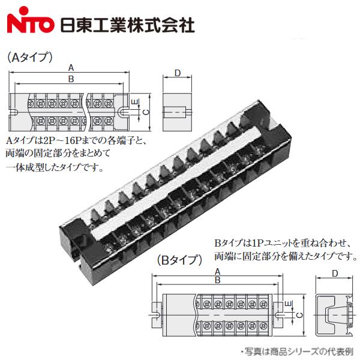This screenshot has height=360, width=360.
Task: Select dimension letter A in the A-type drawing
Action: pos(71,67)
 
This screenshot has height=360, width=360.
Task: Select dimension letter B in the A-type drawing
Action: pos(71,79)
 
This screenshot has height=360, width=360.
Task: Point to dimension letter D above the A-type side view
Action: pos(177,73)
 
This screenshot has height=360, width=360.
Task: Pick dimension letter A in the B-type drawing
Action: pos(216,271)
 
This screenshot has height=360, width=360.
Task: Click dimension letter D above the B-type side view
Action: pos(335,274)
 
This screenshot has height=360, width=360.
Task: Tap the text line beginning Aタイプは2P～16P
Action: pos(76,140)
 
